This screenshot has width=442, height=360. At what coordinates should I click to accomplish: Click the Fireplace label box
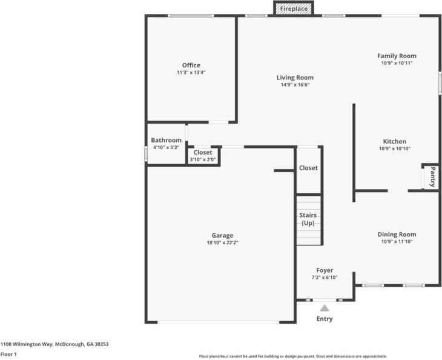click(x=294, y=8)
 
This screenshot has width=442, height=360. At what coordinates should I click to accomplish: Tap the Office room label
click(x=191, y=65)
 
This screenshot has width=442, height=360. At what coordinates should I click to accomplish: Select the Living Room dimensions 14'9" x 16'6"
click(x=295, y=85)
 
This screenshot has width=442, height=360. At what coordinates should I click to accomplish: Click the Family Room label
click(x=397, y=56)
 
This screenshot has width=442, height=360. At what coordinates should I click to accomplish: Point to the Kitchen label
click(x=394, y=141)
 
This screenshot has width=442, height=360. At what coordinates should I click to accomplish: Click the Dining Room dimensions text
click(x=397, y=241)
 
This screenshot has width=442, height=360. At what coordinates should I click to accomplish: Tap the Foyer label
click(x=325, y=270)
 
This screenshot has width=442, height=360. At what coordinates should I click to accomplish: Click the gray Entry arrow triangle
click(x=325, y=307)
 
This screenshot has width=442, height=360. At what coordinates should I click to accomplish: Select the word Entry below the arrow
click(x=325, y=319)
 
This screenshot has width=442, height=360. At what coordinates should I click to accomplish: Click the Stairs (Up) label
click(x=308, y=219)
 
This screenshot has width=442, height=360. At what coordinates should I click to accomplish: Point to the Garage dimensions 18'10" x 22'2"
click(x=222, y=242)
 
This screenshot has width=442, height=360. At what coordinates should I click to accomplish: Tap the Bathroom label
click(x=166, y=140)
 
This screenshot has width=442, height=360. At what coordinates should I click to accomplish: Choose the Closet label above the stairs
click(x=308, y=168)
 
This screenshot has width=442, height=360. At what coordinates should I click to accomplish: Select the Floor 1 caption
click(x=8, y=354)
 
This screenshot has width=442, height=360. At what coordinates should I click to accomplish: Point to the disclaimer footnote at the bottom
click(x=293, y=356)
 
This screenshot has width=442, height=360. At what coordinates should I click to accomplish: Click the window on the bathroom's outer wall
click(x=146, y=154)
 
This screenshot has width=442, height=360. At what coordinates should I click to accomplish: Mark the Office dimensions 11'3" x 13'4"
click(x=191, y=73)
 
